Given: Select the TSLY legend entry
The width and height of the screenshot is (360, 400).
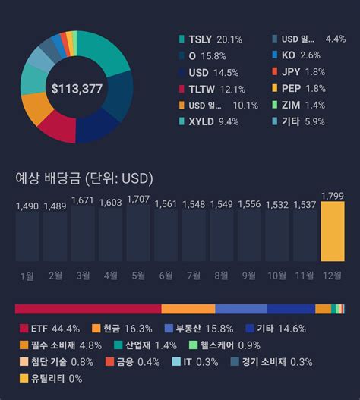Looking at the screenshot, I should point(208,39).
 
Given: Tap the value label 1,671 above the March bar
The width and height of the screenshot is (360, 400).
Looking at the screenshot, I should point(83,200).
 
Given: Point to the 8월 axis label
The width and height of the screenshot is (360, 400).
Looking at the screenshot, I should point(222,275).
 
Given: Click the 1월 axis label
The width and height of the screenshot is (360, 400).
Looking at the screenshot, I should point(27,275).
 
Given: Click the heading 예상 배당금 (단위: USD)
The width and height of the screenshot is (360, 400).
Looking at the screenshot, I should point(84,179).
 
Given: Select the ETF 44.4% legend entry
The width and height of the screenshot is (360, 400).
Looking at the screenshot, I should point(50,329).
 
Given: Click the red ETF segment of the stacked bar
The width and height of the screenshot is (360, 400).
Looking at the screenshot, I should point(87,309).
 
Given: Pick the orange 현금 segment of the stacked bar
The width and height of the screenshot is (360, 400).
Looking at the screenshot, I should point(188,309).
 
